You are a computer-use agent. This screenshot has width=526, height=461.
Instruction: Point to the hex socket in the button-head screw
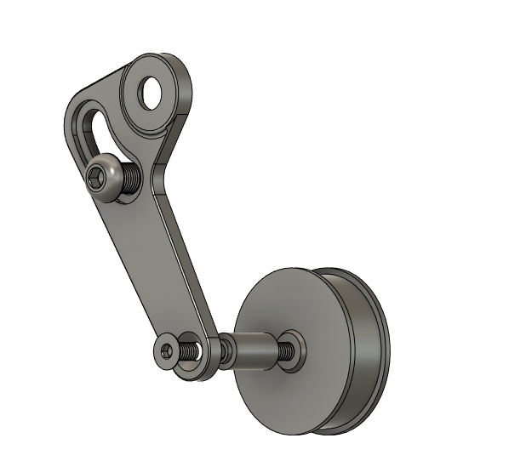click(96, 178)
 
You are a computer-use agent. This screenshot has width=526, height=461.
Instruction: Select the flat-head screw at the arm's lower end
click(169, 350)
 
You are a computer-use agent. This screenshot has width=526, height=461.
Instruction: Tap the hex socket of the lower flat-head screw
click(166, 350)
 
